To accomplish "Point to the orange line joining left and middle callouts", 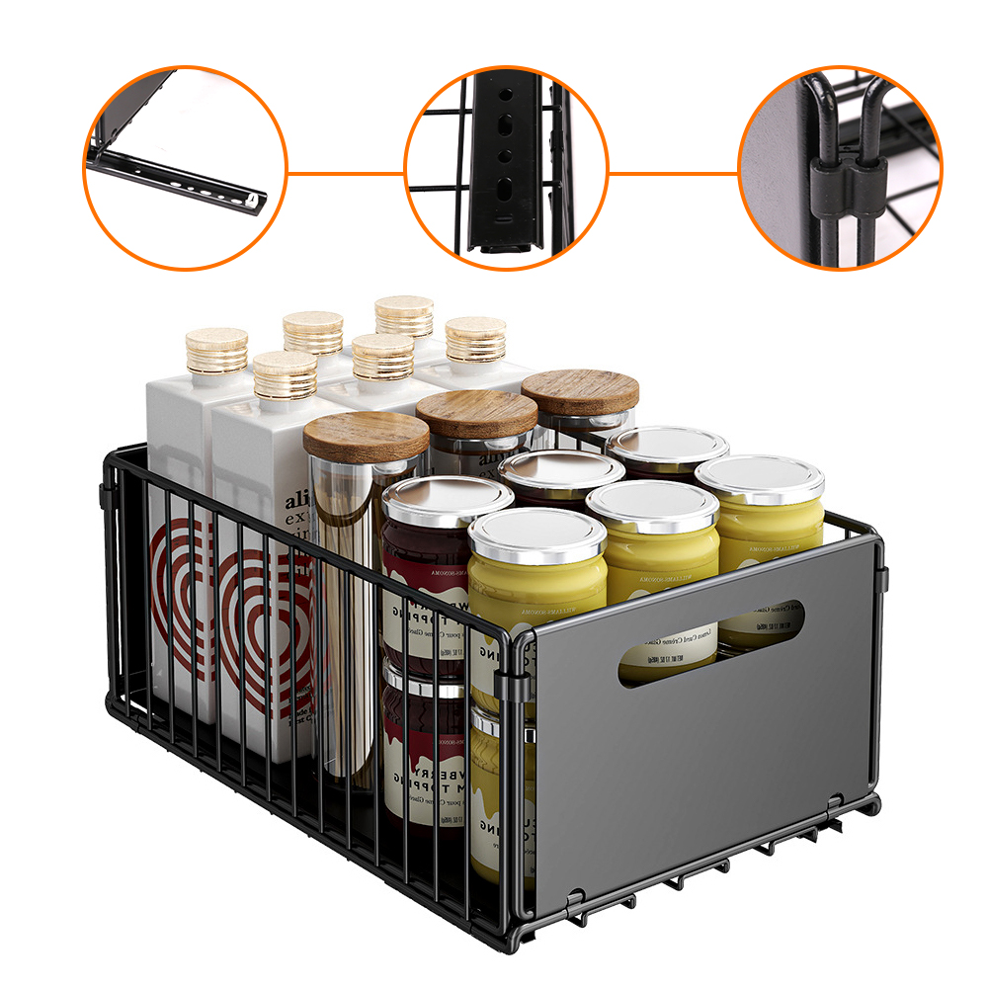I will [x=346, y=174].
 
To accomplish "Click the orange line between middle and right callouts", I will [x=673, y=174].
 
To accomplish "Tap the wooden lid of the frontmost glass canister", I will [x=366, y=436].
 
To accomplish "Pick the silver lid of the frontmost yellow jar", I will [x=535, y=535].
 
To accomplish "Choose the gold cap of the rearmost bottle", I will [x=404, y=315].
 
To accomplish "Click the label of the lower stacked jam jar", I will [x=425, y=781].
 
